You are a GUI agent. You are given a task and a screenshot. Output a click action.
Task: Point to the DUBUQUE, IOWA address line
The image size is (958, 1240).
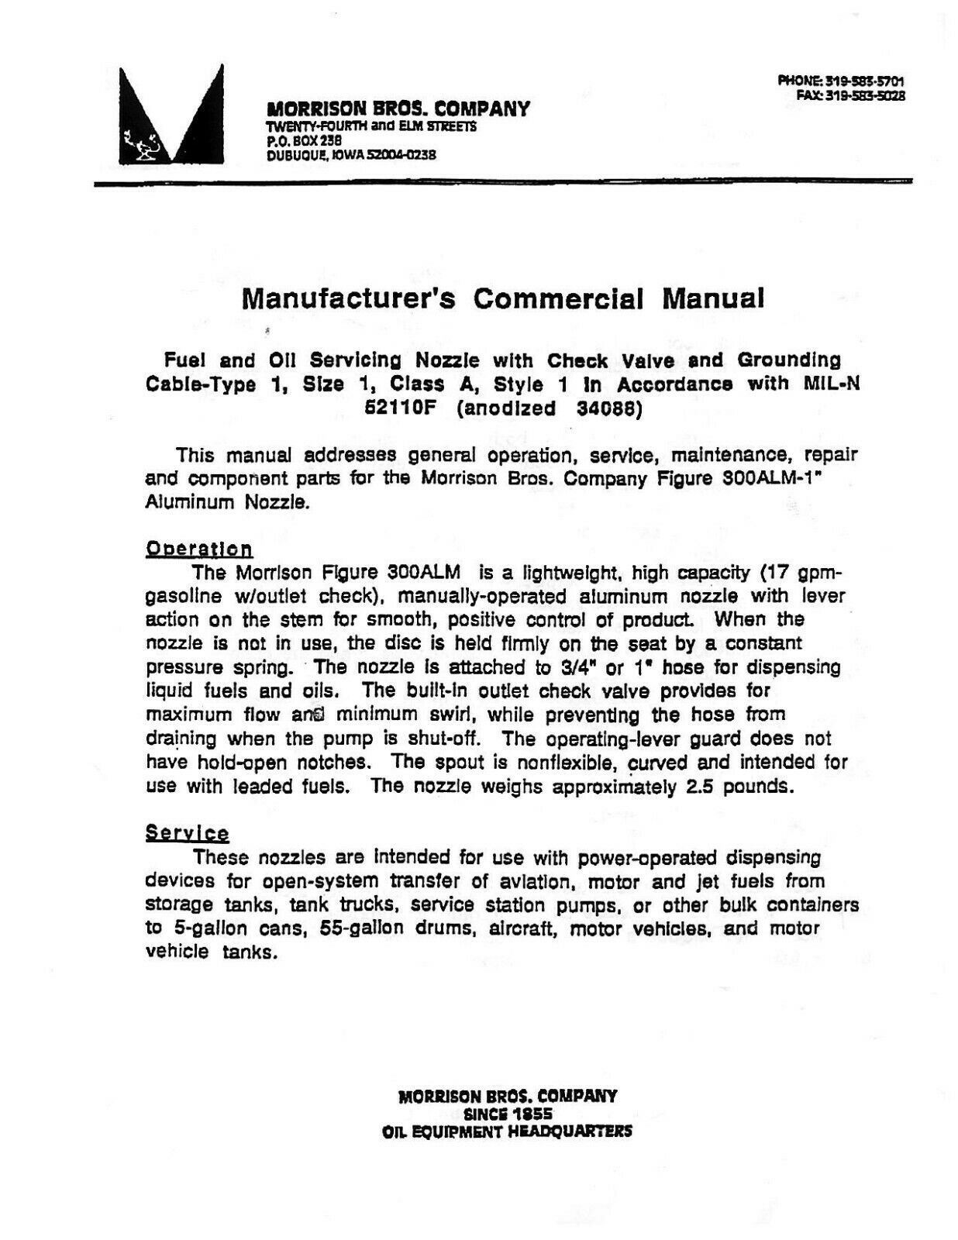click(x=351, y=154)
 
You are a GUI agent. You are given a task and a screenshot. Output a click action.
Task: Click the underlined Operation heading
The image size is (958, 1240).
click(x=199, y=549)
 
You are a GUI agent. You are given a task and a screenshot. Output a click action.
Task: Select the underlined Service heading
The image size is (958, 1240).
click(x=187, y=834)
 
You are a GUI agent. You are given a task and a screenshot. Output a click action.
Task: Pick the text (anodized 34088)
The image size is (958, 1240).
click(x=550, y=408)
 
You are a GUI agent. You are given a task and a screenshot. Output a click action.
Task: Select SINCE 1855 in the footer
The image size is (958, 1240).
click(x=507, y=1114)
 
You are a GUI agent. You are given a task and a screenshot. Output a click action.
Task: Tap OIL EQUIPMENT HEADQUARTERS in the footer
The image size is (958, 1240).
click(x=507, y=1131)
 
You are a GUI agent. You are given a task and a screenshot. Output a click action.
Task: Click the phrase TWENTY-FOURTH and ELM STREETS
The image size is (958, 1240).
click(x=371, y=127)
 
